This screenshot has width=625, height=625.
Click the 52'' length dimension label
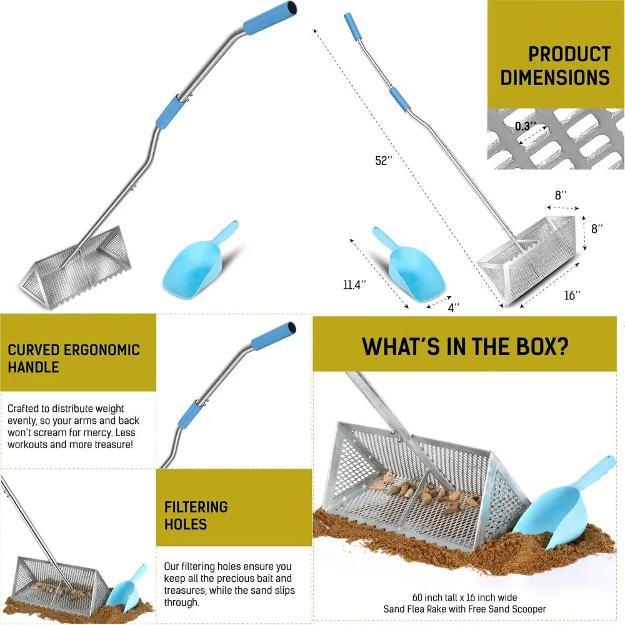[383, 161]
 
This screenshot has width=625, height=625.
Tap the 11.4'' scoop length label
[354, 284]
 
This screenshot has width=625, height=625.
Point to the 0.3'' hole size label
[525, 126]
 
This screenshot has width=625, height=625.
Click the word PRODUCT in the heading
[569, 54]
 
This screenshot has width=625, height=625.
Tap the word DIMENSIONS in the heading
[554, 77]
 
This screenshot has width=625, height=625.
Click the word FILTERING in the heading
[196, 506]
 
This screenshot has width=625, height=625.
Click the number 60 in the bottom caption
[418, 597]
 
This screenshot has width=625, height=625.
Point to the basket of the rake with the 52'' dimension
[528, 256]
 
